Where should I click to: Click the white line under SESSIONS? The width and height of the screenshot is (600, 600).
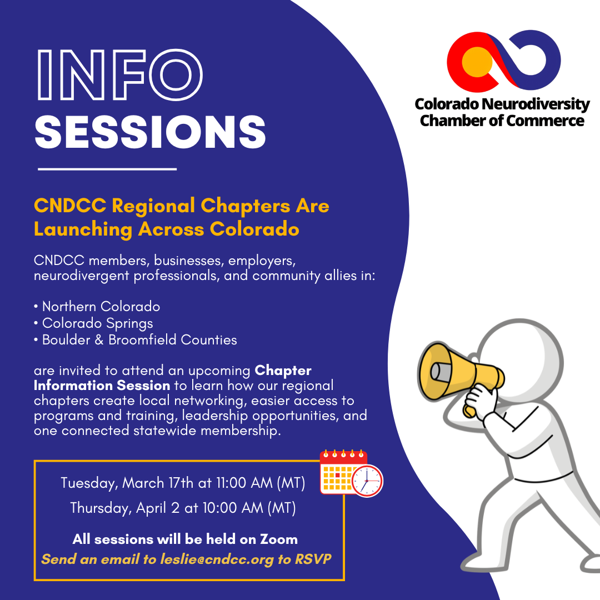[107, 168]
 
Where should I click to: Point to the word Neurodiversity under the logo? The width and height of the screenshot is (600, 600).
[539, 104]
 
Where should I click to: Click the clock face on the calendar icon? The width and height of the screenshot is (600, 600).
[367, 481]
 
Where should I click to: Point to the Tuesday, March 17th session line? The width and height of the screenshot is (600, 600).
[183, 483]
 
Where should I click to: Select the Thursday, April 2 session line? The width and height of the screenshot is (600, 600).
[183, 508]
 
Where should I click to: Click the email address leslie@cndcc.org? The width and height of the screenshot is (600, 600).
[217, 559]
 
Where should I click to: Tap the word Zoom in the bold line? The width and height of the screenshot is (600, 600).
[279, 539]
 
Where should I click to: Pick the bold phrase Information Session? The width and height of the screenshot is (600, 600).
[102, 385]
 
